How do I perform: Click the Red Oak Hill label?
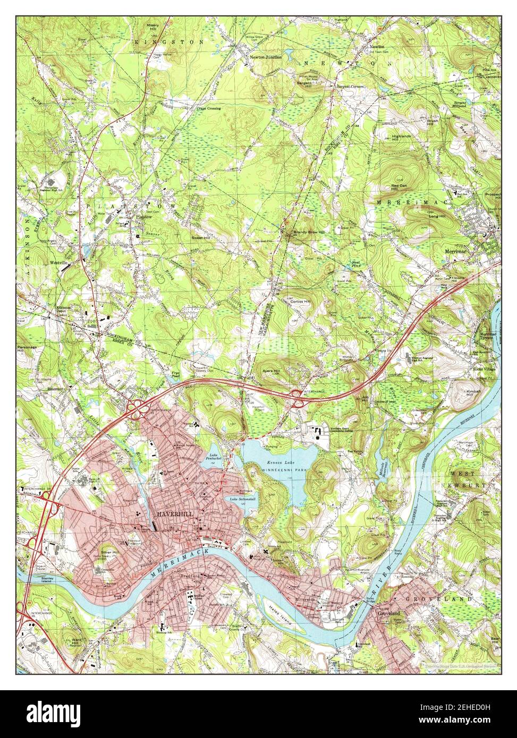pyautogui.click(x=399, y=187)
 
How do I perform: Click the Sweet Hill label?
pyautogui.click(x=201, y=238)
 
